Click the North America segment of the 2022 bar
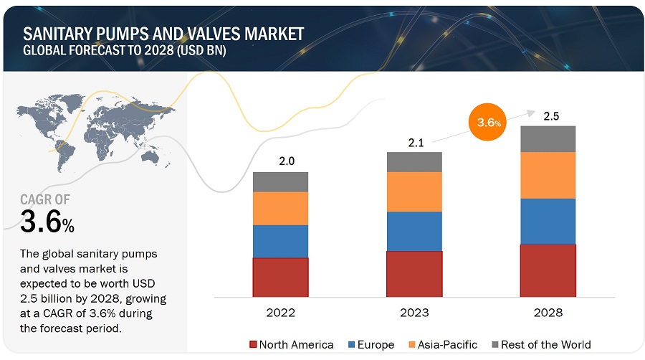pos(280,277)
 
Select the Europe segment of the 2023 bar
pos(414,231)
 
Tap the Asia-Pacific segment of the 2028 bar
pos(548,175)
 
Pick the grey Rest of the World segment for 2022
pos(280,181)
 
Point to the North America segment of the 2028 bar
pos(548,270)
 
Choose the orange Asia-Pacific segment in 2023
pos(414,191)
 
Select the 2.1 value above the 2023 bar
pos(416,142)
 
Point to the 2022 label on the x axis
pos(280,313)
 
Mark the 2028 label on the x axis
pos(548,313)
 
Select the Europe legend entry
pos(373,344)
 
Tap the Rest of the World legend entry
pos(540,344)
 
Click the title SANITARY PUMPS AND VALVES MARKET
pos(163,33)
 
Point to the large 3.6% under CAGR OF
pos(47,222)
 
